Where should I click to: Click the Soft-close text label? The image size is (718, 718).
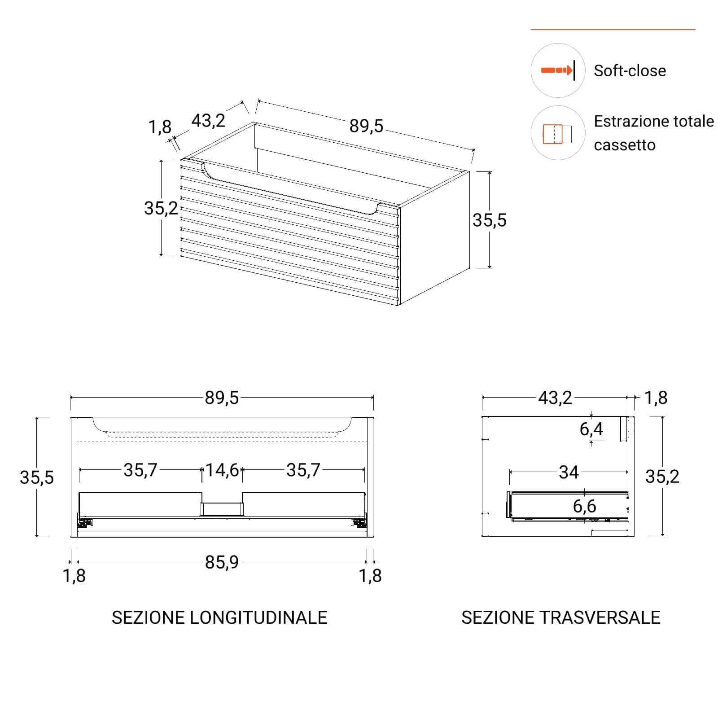[630, 71]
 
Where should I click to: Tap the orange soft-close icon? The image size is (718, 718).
[558, 70]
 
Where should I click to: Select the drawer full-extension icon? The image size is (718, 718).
[558, 133]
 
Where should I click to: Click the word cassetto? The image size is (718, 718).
[625, 145]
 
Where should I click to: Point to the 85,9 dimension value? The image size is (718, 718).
[222, 562]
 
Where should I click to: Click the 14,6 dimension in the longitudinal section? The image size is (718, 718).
[222, 470]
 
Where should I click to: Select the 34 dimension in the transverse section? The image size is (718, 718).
[569, 472]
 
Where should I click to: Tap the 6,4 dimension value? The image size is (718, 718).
[591, 429]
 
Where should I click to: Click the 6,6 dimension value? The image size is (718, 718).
[584, 506]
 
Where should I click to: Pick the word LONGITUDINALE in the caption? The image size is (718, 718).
[258, 617]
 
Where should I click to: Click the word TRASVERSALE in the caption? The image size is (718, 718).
[600, 617]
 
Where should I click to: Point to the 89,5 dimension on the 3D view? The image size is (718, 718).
[366, 126]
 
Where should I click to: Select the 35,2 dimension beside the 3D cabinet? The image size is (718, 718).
[161, 208]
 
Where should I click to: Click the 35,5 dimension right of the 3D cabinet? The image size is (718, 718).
[490, 220]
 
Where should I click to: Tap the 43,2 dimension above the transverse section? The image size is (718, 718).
[555, 398]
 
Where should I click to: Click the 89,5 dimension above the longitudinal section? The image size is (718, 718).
[222, 398]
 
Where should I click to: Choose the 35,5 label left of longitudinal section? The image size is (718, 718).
[37, 477]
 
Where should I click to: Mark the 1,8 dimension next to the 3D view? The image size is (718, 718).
[160, 127]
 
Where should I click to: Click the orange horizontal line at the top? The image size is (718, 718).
[613, 30]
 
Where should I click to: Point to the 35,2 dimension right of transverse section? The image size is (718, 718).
[662, 477]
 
